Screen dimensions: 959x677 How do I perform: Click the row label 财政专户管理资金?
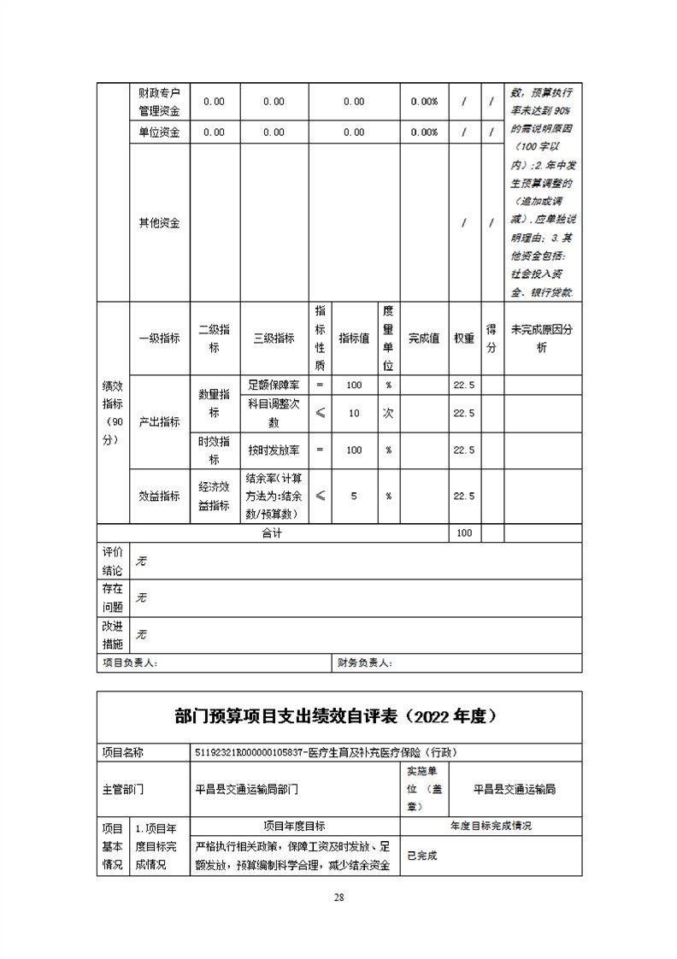pos(160,102)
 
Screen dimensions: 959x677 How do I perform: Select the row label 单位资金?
pos(160,132)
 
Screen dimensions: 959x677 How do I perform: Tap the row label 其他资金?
pos(160,223)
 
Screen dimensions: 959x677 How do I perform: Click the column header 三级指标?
pos(274,338)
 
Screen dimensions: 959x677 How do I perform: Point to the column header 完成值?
pos(424,338)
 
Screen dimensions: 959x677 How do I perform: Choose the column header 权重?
pos(465,338)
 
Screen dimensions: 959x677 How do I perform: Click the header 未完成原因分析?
pos(542,338)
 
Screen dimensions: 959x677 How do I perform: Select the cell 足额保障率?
pos(274,385)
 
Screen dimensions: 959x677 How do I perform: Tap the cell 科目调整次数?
pos(274,413)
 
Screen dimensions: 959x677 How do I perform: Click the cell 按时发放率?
pos(274,450)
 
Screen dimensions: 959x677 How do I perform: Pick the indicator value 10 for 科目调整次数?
pos(354,413)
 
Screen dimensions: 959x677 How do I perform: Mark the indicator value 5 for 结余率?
pos(354,496)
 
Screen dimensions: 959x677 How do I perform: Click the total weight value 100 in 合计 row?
pos(465,533)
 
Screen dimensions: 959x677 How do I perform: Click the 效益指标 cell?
pos(160,496)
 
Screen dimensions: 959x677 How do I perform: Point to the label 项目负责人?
pos(130,662)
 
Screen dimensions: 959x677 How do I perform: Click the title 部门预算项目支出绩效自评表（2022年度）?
pos(340,716)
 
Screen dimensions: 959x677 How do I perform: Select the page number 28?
pos(339,897)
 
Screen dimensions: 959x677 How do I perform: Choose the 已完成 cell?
pos(422,856)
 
